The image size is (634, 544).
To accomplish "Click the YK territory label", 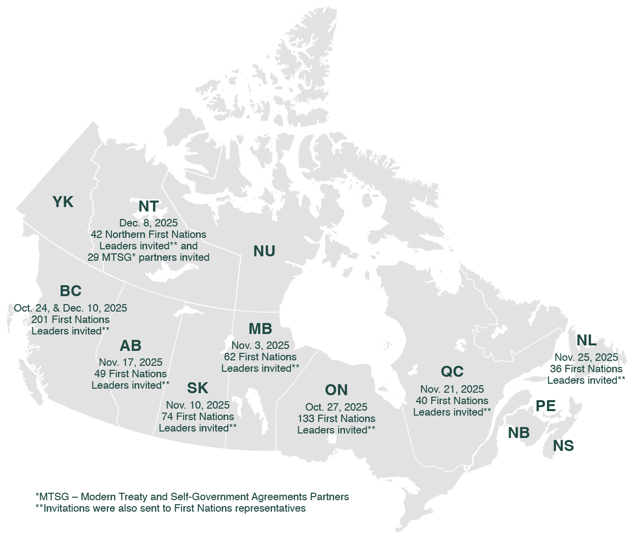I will click(63, 202).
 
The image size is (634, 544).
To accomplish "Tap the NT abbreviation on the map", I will click(148, 207).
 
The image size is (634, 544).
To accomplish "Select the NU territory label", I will click(264, 251).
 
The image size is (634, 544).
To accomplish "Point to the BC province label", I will click(71, 291).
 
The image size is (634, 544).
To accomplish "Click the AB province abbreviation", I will click(130, 346).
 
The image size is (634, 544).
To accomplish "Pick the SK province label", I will click(197, 388).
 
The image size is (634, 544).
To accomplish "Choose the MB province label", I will click(260, 329).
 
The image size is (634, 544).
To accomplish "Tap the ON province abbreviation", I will click(336, 390).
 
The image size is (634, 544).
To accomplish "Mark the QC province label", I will click(452, 372).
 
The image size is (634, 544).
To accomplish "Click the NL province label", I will click(586, 340).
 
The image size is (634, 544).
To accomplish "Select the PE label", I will click(545, 406).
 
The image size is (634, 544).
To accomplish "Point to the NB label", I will click(519, 433).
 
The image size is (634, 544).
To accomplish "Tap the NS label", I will click(563, 446).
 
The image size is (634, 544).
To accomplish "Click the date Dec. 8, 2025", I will click(148, 223).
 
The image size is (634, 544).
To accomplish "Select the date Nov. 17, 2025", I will click(130, 362).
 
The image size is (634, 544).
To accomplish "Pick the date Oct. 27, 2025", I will click(336, 407).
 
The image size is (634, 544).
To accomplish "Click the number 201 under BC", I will click(40, 320).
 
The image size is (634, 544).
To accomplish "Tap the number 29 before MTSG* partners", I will click(93, 257).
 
